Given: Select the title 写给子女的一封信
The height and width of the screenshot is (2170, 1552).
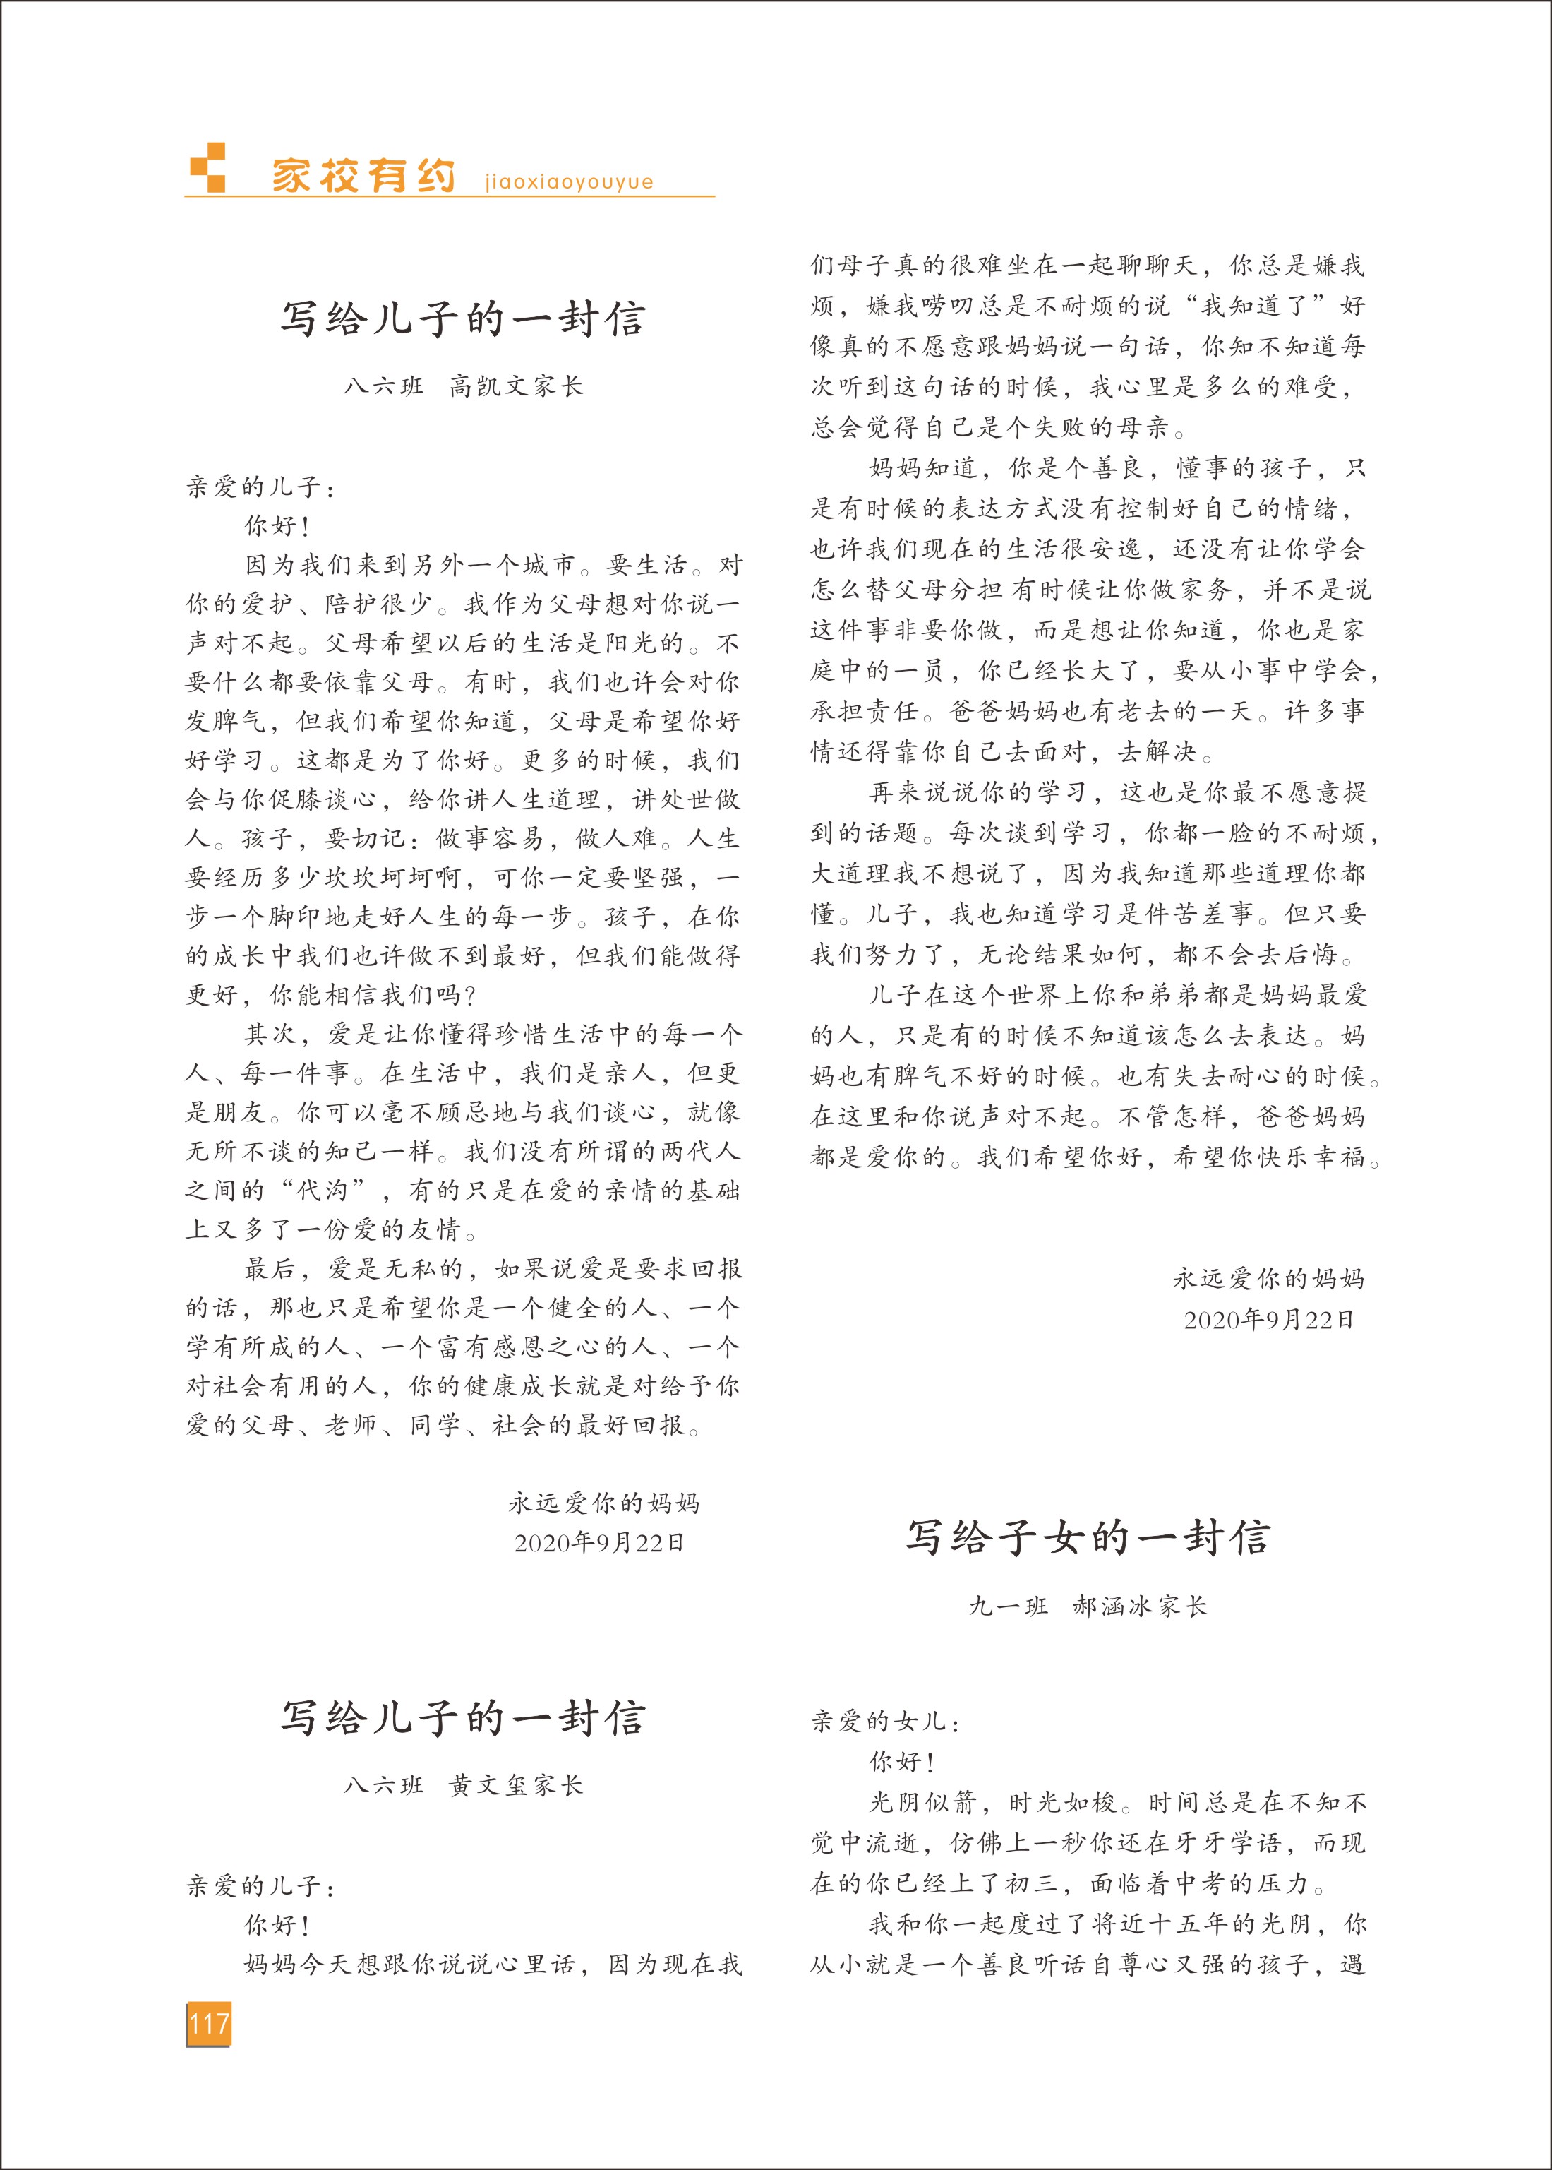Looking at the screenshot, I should pos(1088,1538).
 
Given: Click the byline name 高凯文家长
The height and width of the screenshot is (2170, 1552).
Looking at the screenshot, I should pos(516,386).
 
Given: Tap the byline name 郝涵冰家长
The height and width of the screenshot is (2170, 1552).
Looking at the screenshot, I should pos(1140,1606).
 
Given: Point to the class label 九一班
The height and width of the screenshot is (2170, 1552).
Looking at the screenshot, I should pos(1009,1606).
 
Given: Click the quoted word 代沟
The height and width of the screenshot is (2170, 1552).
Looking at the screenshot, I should pos(322,1190).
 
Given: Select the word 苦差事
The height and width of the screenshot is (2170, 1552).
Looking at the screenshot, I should pos(1198,914).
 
